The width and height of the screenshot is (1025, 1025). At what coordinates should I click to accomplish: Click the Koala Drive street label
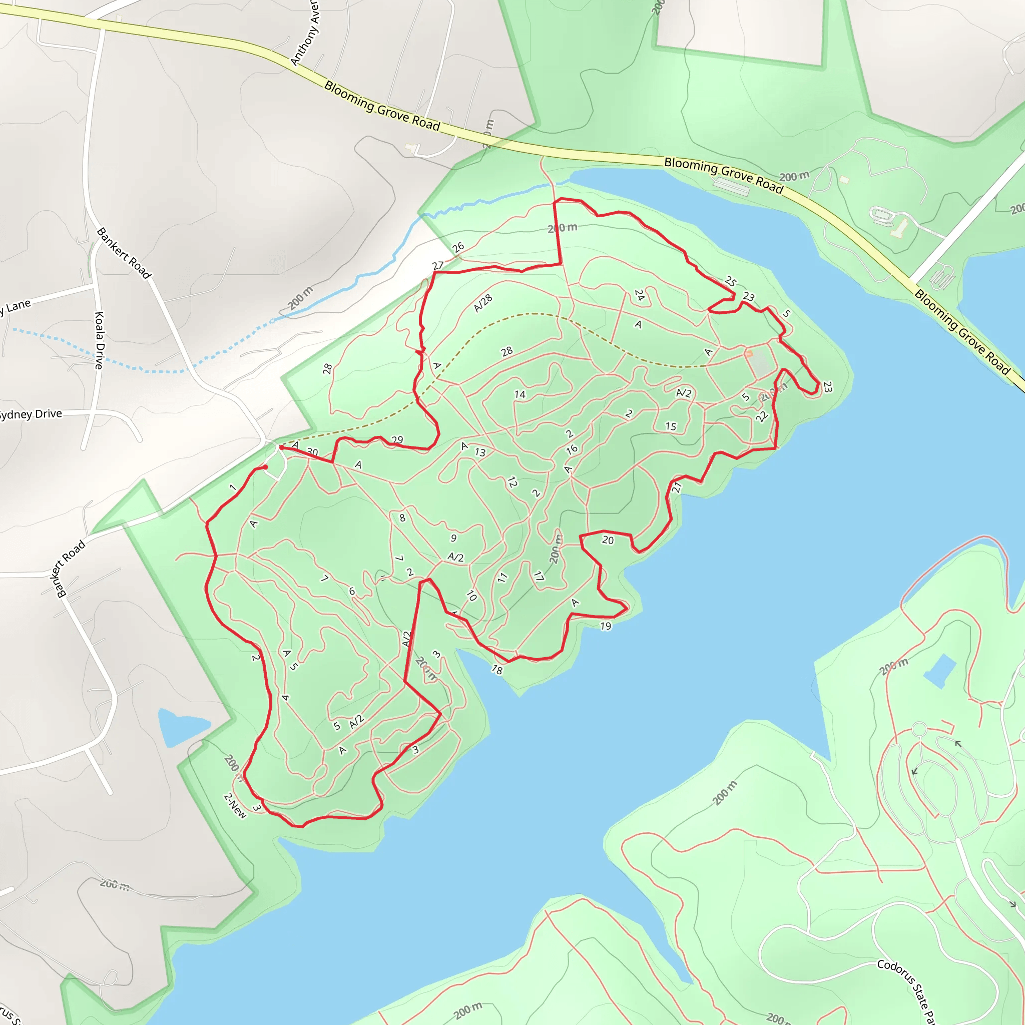pyautogui.click(x=99, y=340)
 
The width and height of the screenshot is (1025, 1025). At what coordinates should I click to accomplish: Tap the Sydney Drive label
pyautogui.click(x=31, y=414)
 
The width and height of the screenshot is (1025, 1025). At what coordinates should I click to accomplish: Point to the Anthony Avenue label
pyautogui.click(x=306, y=33)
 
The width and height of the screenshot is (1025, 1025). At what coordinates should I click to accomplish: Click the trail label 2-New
pyautogui.click(x=236, y=805)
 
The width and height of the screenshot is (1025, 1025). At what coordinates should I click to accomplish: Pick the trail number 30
pyautogui.click(x=312, y=452)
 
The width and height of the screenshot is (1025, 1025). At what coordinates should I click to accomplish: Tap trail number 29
pyautogui.click(x=397, y=440)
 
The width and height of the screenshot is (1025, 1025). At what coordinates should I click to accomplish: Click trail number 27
pyautogui.click(x=438, y=265)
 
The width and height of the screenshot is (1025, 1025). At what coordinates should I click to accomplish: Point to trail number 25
pyautogui.click(x=731, y=281)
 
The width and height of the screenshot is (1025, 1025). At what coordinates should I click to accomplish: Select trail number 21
pyautogui.click(x=677, y=487)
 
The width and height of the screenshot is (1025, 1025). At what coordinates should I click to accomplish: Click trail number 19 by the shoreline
pyautogui.click(x=606, y=626)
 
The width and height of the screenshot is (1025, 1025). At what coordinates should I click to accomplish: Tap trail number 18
pyautogui.click(x=496, y=670)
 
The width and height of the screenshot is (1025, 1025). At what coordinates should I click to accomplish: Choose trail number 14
pyautogui.click(x=520, y=394)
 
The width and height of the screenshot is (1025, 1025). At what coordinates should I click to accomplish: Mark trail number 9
pyautogui.click(x=453, y=538)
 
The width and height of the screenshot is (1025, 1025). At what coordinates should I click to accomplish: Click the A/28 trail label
pyautogui.click(x=483, y=303)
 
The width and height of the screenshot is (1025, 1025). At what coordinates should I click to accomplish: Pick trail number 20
pyautogui.click(x=608, y=540)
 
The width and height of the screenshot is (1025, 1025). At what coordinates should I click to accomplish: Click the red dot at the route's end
pyautogui.click(x=265, y=467)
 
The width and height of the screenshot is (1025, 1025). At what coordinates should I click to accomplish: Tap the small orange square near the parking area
pyautogui.click(x=749, y=353)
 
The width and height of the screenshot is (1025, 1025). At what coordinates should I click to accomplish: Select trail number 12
pyautogui.click(x=512, y=482)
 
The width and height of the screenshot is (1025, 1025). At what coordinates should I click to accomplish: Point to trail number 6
pyautogui.click(x=352, y=591)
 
